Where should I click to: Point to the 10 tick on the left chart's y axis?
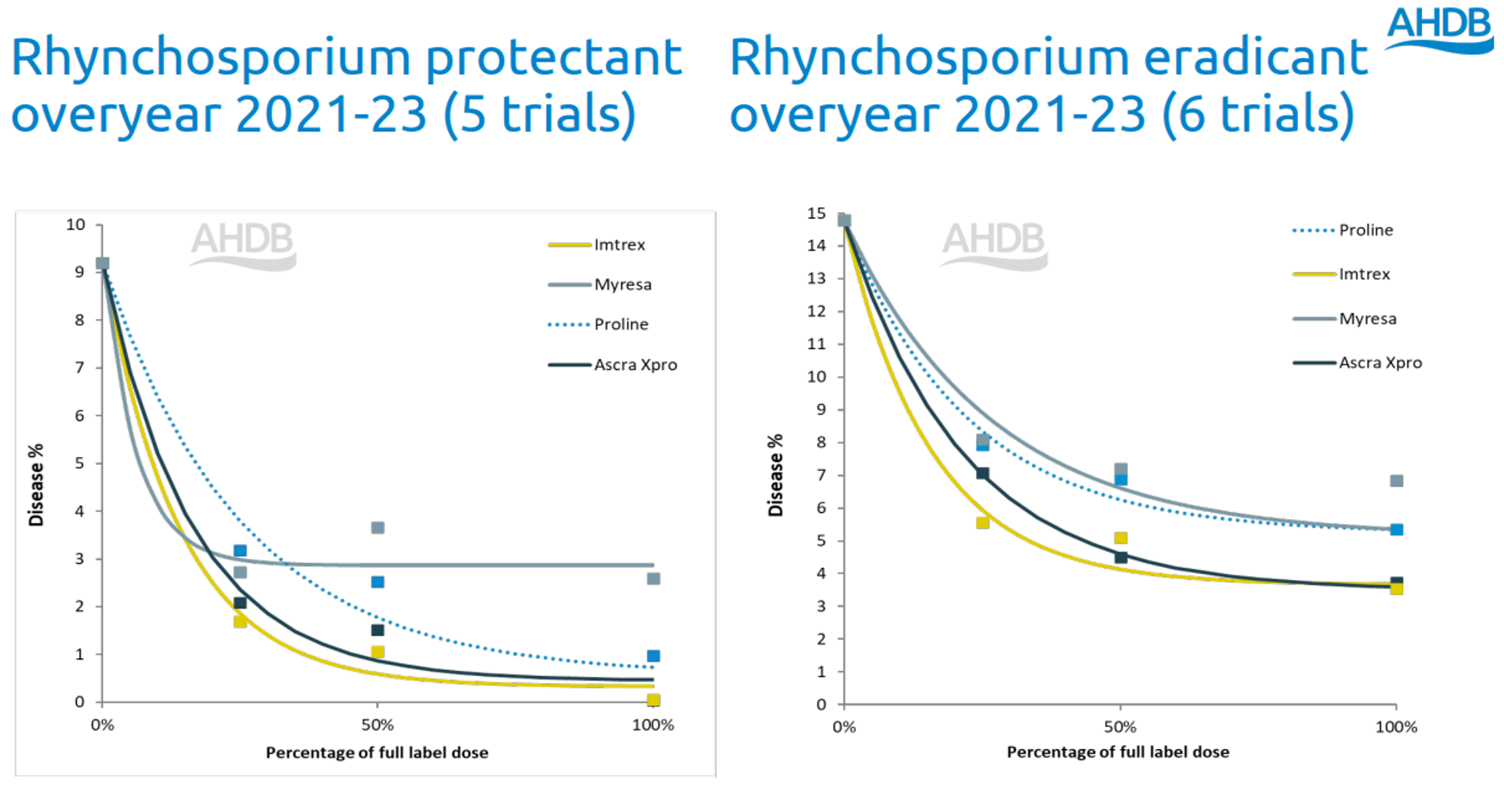[76, 225]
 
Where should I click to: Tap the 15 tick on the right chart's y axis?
[817, 214]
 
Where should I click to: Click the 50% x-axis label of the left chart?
[378, 726]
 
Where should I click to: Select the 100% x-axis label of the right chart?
[1396, 727]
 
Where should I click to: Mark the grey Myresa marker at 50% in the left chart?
[378, 528]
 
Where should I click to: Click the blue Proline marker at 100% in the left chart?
[653, 656]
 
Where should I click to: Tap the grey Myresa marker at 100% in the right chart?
[1396, 481]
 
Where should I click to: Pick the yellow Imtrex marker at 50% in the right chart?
[1120, 538]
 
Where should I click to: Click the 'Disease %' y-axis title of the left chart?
[36, 485]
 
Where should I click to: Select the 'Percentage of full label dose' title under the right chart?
[1117, 752]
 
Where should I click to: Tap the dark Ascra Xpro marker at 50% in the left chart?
[378, 630]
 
